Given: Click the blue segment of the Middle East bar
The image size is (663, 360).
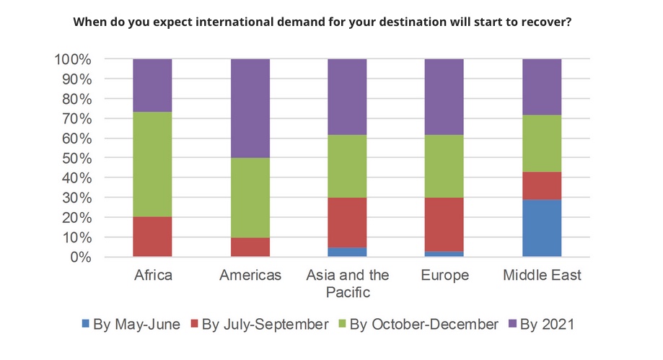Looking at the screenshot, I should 542,228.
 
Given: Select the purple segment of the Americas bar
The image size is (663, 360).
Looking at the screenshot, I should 250,108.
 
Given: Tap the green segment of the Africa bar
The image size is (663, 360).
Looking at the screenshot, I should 152,164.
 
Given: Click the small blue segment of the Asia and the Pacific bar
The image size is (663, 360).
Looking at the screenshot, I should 347,252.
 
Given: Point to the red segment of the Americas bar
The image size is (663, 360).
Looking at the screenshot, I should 250,247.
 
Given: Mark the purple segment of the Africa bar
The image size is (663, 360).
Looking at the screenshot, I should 152,85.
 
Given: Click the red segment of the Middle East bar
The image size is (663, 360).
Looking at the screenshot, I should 542,185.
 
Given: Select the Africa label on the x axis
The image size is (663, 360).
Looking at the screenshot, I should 152,276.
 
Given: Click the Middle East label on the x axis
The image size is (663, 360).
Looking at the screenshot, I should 542,276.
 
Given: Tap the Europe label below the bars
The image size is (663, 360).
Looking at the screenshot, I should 444,276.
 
